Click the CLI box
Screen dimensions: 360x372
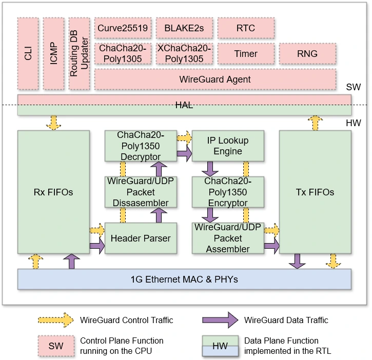(28, 53)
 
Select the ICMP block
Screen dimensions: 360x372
(53, 53)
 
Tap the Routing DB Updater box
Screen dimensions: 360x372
(79, 53)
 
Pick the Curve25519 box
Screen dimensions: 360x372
(123, 28)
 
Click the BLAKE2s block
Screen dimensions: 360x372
(184, 28)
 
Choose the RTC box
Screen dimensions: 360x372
(246, 28)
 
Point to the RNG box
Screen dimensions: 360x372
(307, 53)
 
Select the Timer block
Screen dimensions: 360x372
(246, 53)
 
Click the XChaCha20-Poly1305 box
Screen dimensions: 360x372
(184, 53)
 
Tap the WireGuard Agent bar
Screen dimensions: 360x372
(215, 79)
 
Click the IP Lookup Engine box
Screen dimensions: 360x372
(228, 146)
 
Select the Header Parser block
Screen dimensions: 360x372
(141, 238)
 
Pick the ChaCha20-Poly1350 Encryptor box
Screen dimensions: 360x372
(228, 192)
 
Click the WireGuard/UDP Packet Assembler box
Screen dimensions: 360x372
(228, 238)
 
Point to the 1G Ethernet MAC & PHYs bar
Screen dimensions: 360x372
(184, 279)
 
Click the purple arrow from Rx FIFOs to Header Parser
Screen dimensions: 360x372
(96, 247)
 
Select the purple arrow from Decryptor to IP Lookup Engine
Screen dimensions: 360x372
(184, 152)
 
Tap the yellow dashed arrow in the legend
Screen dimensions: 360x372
(55, 320)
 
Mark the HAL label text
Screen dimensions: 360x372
(184, 105)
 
